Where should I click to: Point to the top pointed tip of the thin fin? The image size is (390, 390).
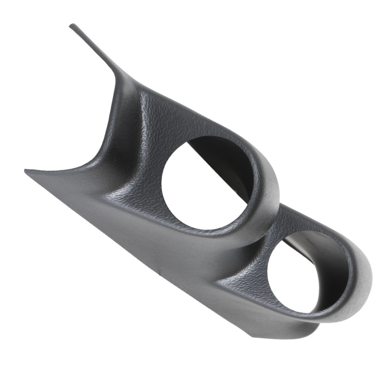coord(72,25)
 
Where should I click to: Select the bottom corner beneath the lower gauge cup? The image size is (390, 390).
coord(253,336)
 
